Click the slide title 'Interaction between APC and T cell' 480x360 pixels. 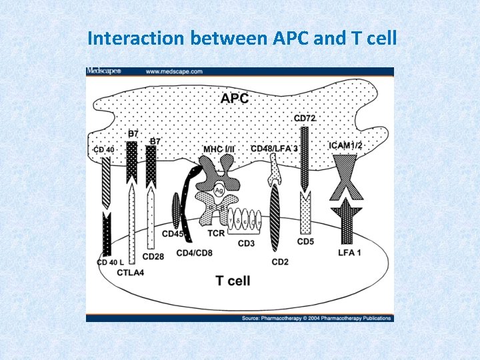242,39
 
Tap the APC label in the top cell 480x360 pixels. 235,99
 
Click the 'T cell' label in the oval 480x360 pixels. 233,281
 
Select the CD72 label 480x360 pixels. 305,119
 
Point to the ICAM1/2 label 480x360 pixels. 347,145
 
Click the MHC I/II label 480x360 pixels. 219,148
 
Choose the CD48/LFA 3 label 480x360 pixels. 275,148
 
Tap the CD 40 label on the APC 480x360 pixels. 105,149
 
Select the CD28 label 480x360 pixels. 153,256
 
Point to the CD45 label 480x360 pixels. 173,234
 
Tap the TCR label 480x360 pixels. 215,233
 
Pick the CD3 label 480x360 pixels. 246,243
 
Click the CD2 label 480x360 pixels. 280,262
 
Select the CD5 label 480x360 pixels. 305,241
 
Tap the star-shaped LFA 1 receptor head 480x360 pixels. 347,212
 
